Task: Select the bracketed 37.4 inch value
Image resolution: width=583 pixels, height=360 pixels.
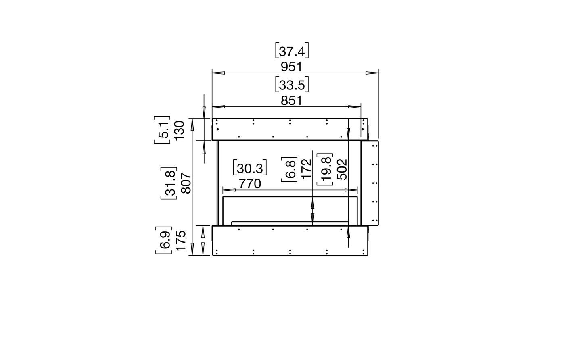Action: point(292,51)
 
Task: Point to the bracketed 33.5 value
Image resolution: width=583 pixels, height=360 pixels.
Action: point(292,85)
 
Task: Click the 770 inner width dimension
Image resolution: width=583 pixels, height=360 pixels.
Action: point(250,184)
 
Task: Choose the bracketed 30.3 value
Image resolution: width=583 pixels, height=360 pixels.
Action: point(250,168)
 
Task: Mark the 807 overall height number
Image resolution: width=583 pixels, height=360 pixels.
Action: point(186,183)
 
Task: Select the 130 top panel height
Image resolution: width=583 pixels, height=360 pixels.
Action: point(179,129)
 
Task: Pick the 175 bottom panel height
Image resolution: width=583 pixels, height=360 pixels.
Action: point(181,241)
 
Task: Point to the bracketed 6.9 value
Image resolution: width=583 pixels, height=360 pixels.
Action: point(163,241)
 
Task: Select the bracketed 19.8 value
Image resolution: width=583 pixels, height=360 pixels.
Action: point(325,170)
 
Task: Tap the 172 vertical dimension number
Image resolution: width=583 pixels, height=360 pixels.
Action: point(307,169)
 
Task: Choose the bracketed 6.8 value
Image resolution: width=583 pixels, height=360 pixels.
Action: point(289,169)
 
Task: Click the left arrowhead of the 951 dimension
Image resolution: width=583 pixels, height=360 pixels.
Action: point(218,73)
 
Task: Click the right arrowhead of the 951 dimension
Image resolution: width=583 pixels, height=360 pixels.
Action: point(372,73)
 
